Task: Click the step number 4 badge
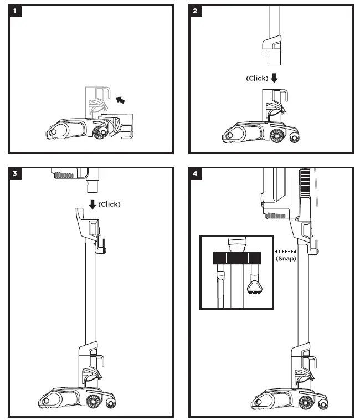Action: click(197, 173)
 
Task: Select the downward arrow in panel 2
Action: click(274, 79)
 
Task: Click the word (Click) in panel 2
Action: click(257, 79)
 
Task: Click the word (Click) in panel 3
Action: click(109, 204)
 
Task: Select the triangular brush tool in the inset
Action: click(254, 286)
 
